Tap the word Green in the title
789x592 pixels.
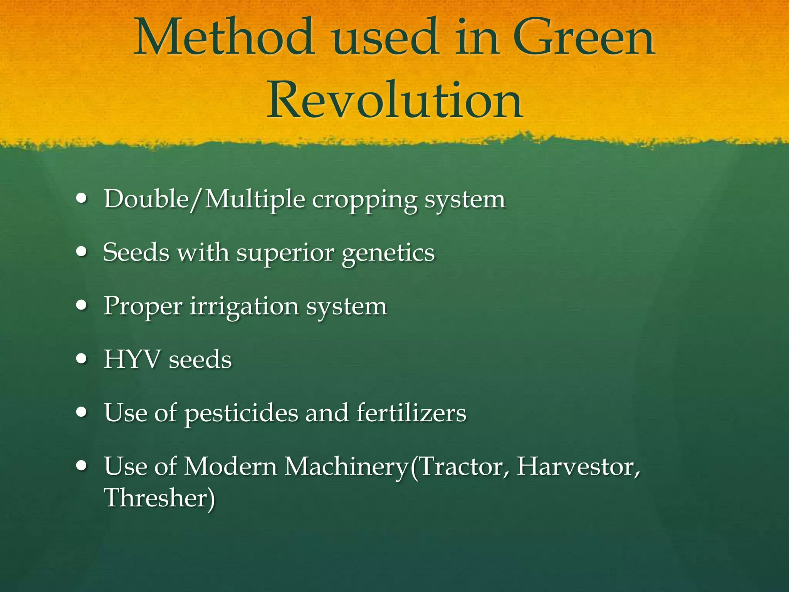coord(584,39)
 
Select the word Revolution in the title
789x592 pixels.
coord(394,101)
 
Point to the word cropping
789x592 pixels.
coord(364,200)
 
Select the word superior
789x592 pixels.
coord(285,254)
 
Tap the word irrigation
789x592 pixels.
coord(244,307)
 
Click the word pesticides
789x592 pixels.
coord(241,413)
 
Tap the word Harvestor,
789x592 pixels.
coord(578,466)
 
